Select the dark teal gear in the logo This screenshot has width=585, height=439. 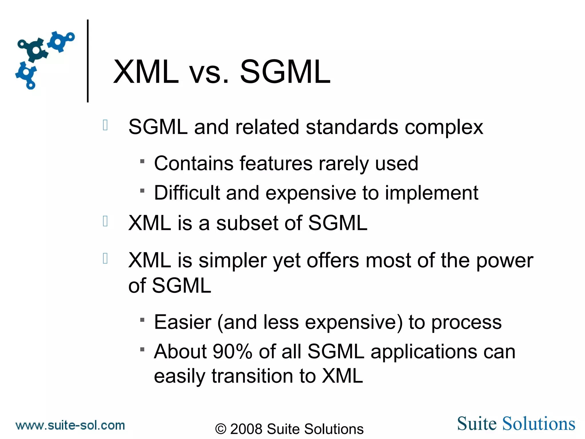click(x=35, y=50)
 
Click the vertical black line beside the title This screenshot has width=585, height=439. click(x=88, y=61)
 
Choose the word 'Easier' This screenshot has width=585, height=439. click(x=183, y=322)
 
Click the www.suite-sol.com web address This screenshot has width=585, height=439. click(x=70, y=426)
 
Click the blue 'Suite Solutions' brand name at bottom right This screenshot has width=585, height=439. click(x=516, y=424)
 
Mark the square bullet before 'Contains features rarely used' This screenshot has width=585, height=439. click(x=142, y=161)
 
